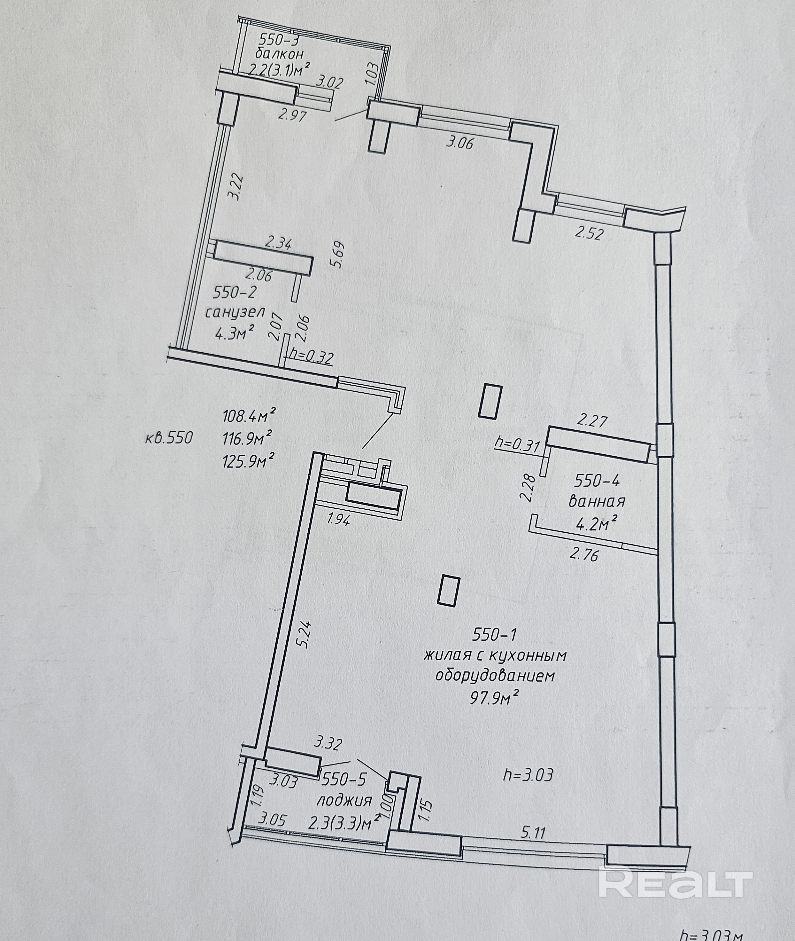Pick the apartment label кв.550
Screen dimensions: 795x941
point(169,437)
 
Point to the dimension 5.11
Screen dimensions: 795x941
point(533,832)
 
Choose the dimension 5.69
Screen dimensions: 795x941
point(338,255)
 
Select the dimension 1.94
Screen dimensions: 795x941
point(338,520)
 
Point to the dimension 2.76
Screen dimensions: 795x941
point(584,554)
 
